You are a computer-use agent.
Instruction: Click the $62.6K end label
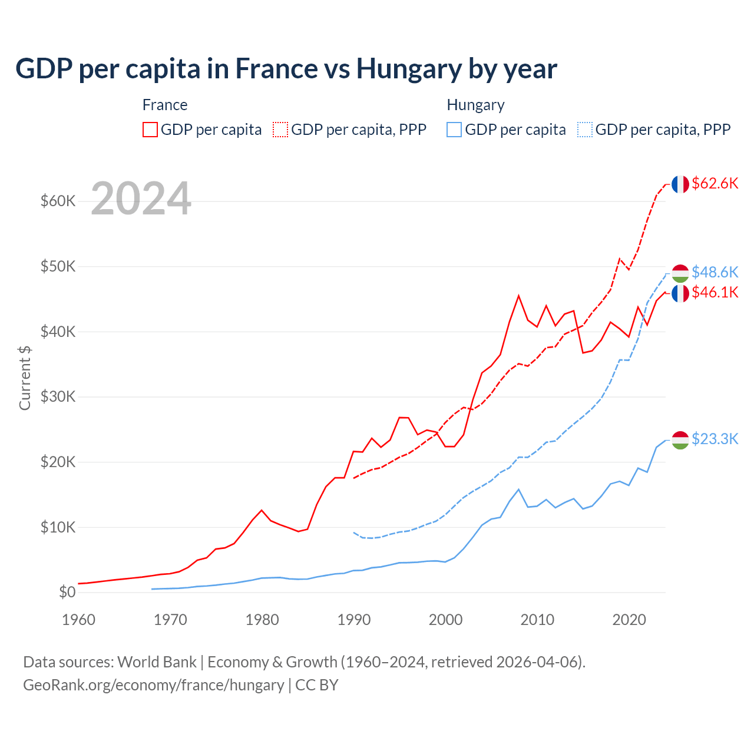coord(715,184)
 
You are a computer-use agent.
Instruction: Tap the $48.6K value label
coord(715,272)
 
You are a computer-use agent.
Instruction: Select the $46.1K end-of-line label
coord(715,292)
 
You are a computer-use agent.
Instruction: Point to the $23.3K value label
coord(715,439)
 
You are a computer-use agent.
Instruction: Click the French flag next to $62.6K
coord(680,184)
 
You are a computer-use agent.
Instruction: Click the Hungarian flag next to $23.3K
coord(680,440)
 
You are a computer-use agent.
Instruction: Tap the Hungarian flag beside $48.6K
coord(680,273)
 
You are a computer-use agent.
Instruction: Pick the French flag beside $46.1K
coord(680,293)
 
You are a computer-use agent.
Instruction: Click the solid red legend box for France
coord(150,130)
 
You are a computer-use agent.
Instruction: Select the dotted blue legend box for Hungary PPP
coord(585,130)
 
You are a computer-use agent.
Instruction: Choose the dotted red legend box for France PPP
coord(280,130)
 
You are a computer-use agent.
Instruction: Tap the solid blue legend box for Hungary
coord(454,130)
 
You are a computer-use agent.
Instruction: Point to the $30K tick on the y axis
coord(58,397)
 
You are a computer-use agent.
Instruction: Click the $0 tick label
coord(67,593)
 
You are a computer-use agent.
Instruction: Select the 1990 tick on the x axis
coord(354,620)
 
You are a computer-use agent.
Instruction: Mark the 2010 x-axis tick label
coord(537,620)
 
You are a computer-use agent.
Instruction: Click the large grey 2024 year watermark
coord(141,199)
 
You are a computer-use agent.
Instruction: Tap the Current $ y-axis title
coord(25,378)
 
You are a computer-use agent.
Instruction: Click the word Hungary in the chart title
coord(409,69)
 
